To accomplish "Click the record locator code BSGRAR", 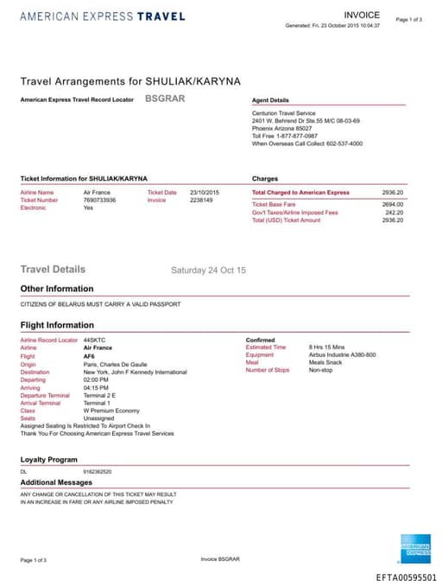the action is point(165,99).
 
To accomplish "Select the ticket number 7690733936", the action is point(100,200).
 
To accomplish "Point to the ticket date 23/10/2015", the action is point(205,192).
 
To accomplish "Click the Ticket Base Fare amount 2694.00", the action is point(393,204).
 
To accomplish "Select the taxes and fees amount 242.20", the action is point(395,212).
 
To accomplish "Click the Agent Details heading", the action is point(270,100).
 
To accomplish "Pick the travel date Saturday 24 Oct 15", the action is point(208,271).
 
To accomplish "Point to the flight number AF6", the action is point(89,355).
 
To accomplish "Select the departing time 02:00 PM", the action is point(97,379).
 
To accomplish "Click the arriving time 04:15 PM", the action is point(97,386).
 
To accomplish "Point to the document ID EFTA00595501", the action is point(406,577).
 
